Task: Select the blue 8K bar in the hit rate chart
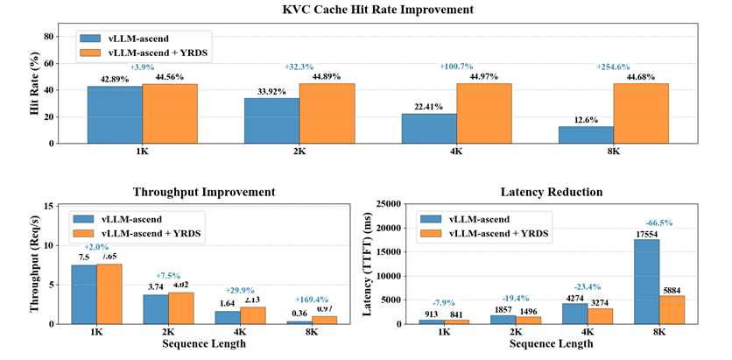587,135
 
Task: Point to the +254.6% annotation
614,67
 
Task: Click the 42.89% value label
115,79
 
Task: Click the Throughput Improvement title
203,192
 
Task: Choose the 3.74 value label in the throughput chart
154,286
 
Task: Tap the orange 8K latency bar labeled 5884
672,309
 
